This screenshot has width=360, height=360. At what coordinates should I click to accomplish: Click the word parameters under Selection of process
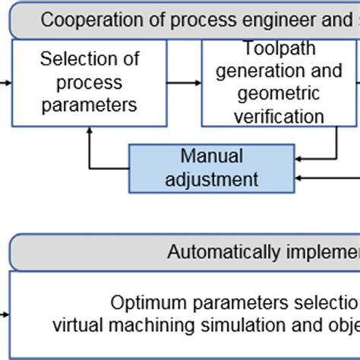90,104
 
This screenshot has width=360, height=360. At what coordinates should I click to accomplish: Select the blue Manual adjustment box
211,168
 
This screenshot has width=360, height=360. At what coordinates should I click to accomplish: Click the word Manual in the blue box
211,156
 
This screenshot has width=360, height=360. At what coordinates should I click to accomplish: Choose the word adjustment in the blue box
211,179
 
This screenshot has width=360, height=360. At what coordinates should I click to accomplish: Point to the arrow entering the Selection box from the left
6,82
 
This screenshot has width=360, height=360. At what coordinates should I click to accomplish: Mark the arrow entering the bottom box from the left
5,312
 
